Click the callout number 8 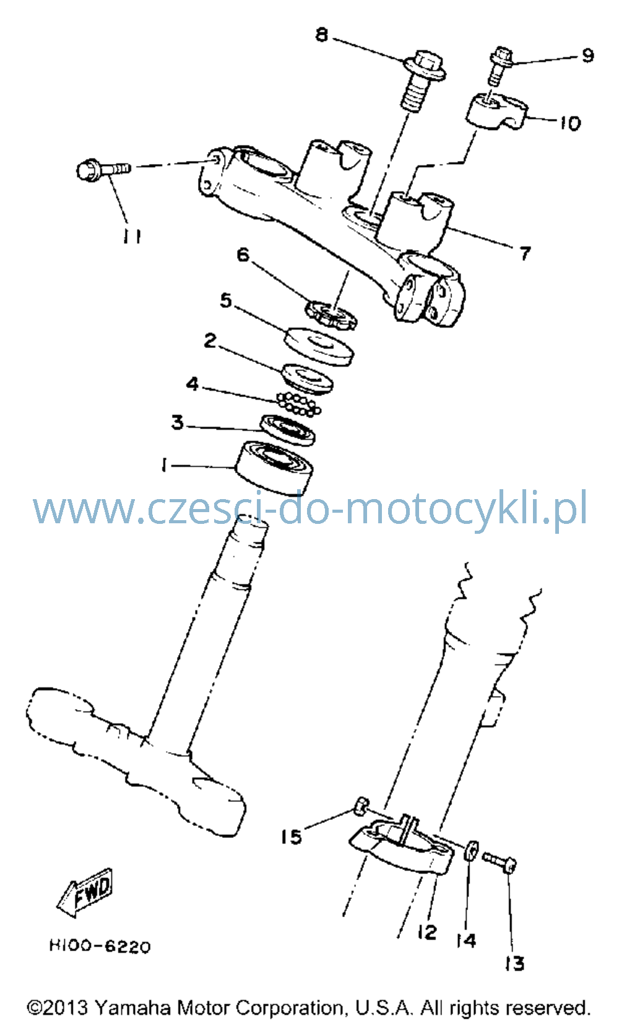coord(322,35)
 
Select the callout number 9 coord(588,55)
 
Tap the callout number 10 coord(570,123)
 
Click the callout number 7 coord(526,253)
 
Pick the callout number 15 coord(292,837)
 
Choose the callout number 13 coord(514,963)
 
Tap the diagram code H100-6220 coord(100,946)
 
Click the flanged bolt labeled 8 coord(423,81)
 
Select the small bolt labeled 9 coord(500,66)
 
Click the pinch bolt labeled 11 coord(103,170)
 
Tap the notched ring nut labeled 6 coord(331,315)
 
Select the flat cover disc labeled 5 coord(319,346)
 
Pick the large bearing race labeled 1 coord(274,468)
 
